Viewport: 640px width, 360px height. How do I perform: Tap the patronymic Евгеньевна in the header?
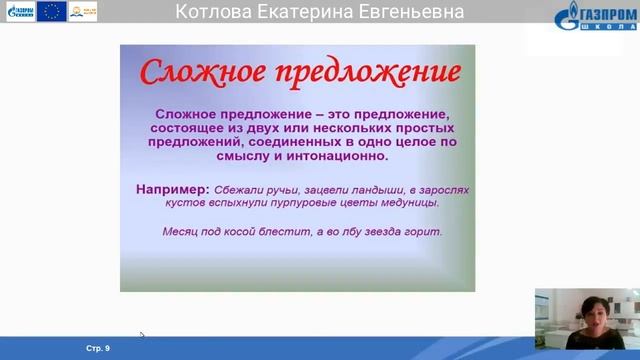point(414,12)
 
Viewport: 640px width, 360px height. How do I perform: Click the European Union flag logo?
point(52,12)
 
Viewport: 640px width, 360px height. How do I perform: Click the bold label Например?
point(172,188)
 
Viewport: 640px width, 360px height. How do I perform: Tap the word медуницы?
point(410,202)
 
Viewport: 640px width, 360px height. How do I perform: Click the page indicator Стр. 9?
point(98,348)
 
